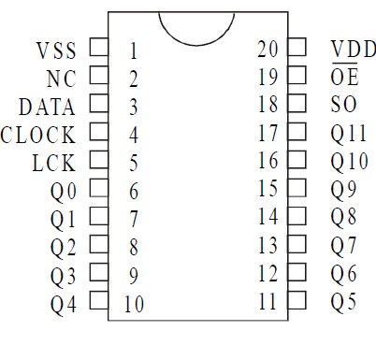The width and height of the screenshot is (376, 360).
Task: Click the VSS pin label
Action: [x=56, y=49]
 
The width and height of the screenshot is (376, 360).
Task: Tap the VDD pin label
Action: [x=354, y=49]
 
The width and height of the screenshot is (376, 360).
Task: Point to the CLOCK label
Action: [x=38, y=135]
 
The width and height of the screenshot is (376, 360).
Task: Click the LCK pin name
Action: [x=53, y=163]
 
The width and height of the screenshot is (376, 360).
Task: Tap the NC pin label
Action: [x=61, y=78]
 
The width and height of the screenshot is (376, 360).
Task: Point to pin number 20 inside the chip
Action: [x=268, y=49]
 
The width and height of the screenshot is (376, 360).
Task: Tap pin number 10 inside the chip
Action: [x=134, y=303]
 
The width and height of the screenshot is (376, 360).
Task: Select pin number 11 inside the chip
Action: [x=268, y=301]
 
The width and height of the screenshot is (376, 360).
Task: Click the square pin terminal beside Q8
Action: [x=297, y=216]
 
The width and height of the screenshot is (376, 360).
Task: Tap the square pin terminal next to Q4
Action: [x=97, y=302]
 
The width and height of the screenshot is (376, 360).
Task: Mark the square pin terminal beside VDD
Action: [x=297, y=47]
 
